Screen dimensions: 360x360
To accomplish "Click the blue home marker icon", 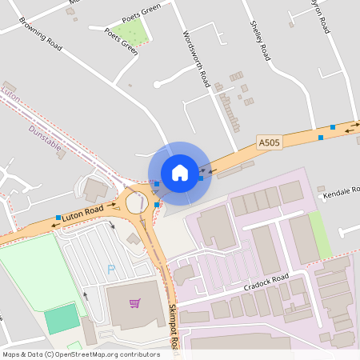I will (x=179, y=173).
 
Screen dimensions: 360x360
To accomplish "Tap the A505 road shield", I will (x=270, y=142).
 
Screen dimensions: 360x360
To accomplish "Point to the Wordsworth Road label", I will (x=196, y=59).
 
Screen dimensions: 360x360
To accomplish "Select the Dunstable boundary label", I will (x=45, y=138).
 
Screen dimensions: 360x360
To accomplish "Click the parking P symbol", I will (x=110, y=270).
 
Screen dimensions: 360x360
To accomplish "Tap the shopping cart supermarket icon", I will (x=134, y=303).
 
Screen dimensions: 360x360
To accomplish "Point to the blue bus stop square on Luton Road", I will (x=58, y=218).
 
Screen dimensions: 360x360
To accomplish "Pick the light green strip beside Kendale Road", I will (x=320, y=234).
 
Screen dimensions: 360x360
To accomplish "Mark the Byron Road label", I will (x=321, y=16).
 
